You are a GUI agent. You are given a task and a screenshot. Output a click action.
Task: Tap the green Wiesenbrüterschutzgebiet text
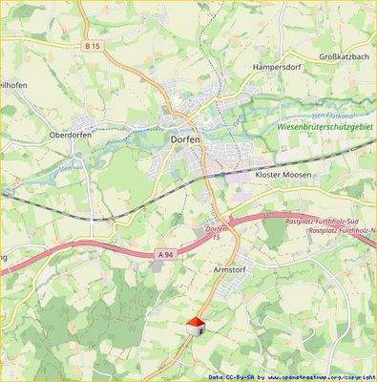[325, 125]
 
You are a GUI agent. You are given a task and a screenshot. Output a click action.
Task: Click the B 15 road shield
[92, 47]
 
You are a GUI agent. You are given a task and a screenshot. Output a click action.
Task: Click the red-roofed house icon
[195, 327]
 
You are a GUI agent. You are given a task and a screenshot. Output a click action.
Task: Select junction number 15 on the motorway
[217, 237]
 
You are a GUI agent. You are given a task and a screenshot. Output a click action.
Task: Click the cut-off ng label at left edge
[5, 257]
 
